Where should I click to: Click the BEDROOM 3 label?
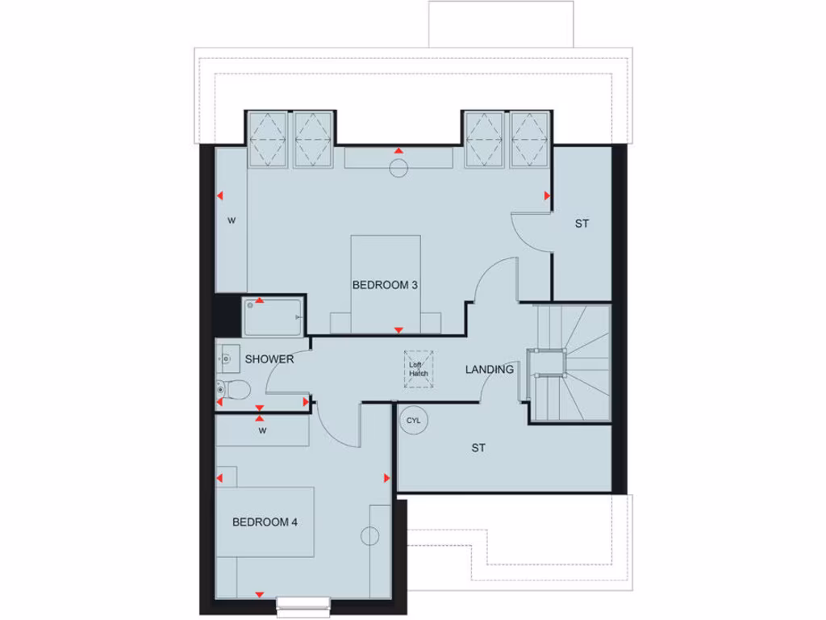(x=386, y=285)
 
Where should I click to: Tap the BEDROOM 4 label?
(x=265, y=522)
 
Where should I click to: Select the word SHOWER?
(x=269, y=359)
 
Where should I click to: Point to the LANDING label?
(x=489, y=370)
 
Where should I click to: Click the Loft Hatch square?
(x=418, y=369)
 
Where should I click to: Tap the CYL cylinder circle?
(x=413, y=421)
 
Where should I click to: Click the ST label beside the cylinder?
(x=478, y=448)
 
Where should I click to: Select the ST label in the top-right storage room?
(x=582, y=224)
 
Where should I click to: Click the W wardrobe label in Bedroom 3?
(x=231, y=220)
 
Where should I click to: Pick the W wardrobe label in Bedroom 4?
(x=262, y=431)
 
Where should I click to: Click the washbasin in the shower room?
(x=225, y=355)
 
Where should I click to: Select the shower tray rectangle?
(x=273, y=317)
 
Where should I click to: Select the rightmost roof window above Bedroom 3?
(x=530, y=139)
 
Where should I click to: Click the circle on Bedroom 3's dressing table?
(x=398, y=168)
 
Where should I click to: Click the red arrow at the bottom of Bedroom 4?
(x=259, y=594)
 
